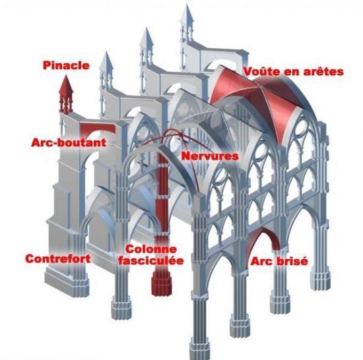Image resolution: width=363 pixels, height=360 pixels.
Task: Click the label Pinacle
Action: click(66, 65)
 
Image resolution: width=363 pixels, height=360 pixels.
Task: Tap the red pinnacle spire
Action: click(66, 95)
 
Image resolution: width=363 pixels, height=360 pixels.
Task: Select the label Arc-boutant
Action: click(69, 142)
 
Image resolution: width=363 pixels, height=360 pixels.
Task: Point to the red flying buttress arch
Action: click(97, 129)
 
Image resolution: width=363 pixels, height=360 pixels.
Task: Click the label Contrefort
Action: click(58, 258)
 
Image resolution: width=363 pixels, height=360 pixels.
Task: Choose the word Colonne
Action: click(151, 249)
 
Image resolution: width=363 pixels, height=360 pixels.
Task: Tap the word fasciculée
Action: click(151, 261)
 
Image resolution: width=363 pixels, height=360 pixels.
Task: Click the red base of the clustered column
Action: click(161, 284)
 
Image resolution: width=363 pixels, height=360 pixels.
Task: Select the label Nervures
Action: click(210, 156)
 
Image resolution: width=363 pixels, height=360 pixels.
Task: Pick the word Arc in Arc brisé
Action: click(261, 261)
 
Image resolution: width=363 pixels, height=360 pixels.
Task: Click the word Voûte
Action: click(261, 71)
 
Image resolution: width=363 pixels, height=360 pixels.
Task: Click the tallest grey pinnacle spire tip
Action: click(187, 5)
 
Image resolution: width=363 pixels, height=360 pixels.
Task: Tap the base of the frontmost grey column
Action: click(199, 349)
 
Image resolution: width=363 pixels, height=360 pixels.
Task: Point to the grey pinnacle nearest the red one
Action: click(106, 69)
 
